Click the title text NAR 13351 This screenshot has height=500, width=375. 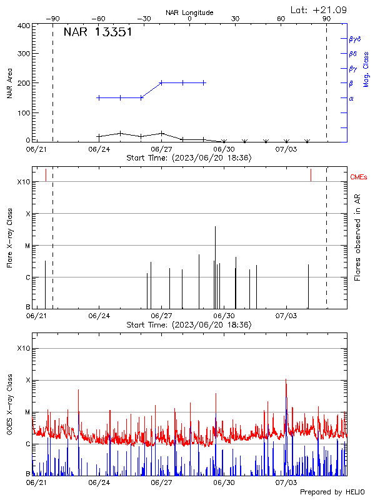(97, 32)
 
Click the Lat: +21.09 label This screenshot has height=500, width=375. (319, 9)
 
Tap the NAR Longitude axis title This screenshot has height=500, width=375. (189, 12)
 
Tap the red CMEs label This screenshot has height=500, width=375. (359, 177)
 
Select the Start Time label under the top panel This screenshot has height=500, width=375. (189, 158)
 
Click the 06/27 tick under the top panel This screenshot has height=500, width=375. (161, 149)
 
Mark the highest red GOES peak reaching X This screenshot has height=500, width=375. (286, 380)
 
